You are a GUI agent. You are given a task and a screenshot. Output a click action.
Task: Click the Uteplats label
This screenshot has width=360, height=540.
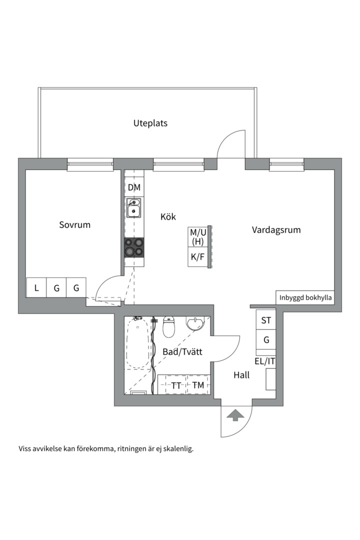[150, 123]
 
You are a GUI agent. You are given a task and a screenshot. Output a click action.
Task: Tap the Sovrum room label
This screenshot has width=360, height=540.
[75, 224]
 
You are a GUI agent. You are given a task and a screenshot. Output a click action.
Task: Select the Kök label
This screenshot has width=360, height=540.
[168, 216]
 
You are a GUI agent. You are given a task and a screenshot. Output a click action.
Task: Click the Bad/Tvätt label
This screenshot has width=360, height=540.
[182, 352]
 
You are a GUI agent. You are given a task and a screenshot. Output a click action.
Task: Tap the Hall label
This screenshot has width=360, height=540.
[241, 374]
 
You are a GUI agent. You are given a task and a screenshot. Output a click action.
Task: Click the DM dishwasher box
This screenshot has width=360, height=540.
[134, 188]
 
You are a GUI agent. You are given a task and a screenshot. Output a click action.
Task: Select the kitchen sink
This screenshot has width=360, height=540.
[133, 208]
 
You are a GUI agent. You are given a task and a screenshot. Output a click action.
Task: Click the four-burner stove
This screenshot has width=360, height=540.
[134, 247]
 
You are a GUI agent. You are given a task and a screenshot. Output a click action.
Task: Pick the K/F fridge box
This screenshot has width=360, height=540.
[197, 257]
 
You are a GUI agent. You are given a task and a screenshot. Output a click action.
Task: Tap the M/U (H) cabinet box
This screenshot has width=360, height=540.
[197, 237]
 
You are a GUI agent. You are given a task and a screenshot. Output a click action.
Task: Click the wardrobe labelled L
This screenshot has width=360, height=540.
[36, 288]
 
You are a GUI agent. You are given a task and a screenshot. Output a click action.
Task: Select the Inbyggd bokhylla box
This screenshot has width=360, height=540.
[305, 297]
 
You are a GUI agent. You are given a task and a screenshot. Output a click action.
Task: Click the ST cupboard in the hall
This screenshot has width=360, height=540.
[266, 320]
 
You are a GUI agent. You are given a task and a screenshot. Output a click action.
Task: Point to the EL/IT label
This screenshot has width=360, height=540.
[265, 361]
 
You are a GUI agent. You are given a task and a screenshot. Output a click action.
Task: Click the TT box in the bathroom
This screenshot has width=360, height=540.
[176, 385]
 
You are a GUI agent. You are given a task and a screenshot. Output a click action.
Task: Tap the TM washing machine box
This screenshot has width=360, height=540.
[198, 385]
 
